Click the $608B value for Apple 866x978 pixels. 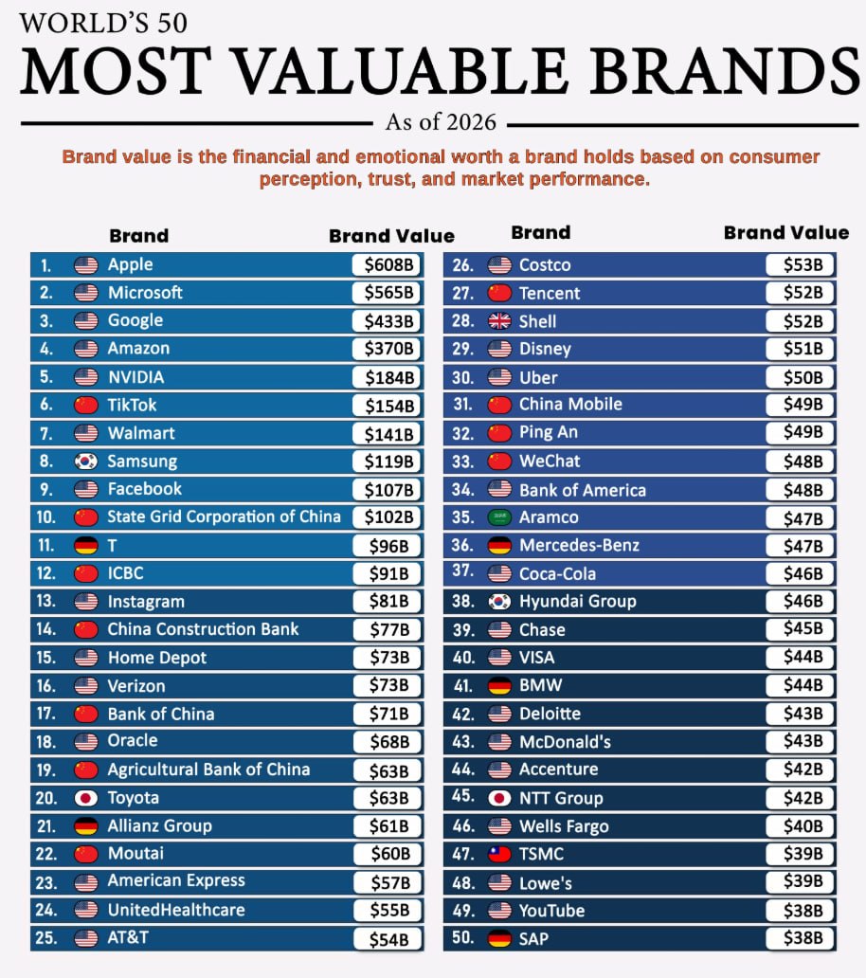(x=389, y=265)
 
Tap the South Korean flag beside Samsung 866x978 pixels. (x=86, y=462)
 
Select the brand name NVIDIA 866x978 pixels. (x=135, y=377)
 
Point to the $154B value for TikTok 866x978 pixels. (x=389, y=406)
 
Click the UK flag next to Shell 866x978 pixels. (x=499, y=321)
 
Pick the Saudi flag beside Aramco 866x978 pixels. (x=499, y=517)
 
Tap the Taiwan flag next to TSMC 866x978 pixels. (x=499, y=854)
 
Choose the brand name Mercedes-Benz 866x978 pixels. (x=579, y=545)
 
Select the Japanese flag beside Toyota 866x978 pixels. (x=86, y=798)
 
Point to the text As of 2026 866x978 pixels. (x=442, y=122)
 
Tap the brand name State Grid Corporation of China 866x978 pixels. (x=224, y=516)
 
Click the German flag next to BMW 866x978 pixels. (x=499, y=685)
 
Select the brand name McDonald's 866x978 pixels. (x=565, y=741)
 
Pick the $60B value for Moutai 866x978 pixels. (x=389, y=854)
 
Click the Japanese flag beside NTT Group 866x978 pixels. (x=499, y=798)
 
